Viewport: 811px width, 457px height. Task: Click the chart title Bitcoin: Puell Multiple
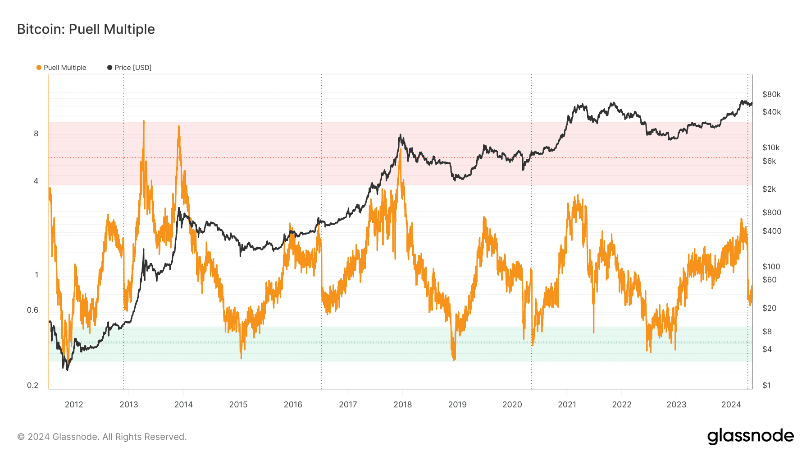86,29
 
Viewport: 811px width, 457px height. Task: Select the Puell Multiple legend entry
61,68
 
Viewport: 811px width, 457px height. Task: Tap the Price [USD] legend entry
129,68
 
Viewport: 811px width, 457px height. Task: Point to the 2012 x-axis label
74,405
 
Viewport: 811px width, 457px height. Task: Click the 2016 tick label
293,405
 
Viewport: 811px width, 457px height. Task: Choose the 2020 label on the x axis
512,405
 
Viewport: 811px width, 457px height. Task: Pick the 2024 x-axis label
731,405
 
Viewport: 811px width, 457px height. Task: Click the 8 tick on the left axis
36,134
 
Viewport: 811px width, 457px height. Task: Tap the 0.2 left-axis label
32,385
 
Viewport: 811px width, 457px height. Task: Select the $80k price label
771,94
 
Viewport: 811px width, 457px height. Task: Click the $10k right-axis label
771,148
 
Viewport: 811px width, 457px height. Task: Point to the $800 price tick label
772,212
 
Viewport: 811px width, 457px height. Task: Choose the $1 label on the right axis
766,385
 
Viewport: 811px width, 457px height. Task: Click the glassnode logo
750,436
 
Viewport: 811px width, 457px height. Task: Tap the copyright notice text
102,437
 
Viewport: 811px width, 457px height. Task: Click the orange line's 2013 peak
144,121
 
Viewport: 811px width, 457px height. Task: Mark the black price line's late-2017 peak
400,135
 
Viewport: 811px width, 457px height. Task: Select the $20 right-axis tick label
769,308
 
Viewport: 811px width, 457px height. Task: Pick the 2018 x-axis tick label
402,405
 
